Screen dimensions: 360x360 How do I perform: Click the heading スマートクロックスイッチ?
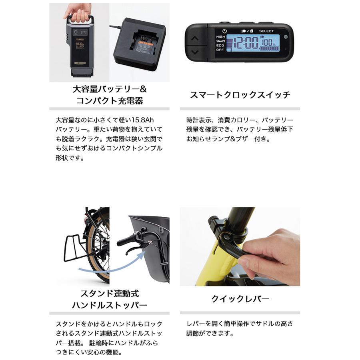point(240,95)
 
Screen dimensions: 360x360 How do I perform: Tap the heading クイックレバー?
point(240,299)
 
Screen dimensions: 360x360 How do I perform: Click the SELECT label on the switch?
point(267,31)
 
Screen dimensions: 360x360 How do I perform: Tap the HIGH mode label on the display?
point(221,36)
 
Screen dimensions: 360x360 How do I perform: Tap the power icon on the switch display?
point(224,31)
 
